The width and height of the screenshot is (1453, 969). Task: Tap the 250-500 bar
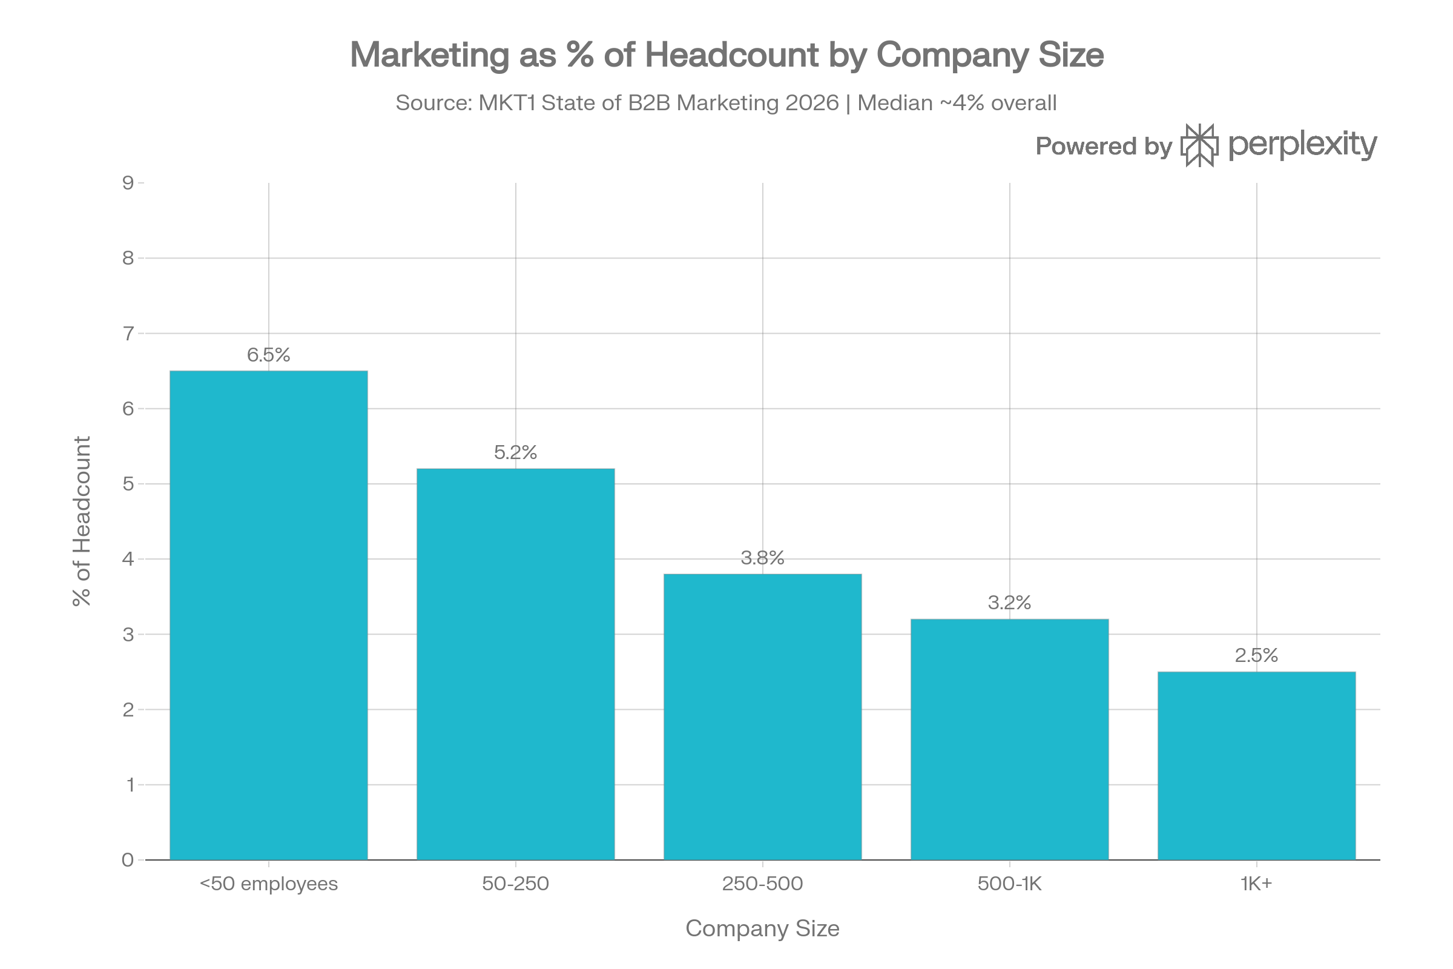(762, 717)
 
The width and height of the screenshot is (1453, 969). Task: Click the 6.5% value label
(269, 355)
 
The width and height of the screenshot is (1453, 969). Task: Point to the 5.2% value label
(515, 452)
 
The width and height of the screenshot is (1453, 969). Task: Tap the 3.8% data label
(762, 558)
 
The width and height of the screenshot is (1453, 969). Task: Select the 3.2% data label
(1009, 603)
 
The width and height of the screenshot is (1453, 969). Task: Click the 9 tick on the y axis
(128, 183)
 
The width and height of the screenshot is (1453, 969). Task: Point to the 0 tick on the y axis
(128, 859)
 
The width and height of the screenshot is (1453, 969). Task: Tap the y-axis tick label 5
(128, 484)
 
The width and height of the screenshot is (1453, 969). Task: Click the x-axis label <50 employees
(269, 884)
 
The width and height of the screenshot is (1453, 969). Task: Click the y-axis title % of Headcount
(82, 521)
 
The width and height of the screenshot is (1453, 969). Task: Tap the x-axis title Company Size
(762, 929)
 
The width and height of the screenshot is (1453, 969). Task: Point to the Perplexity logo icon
(1199, 146)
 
